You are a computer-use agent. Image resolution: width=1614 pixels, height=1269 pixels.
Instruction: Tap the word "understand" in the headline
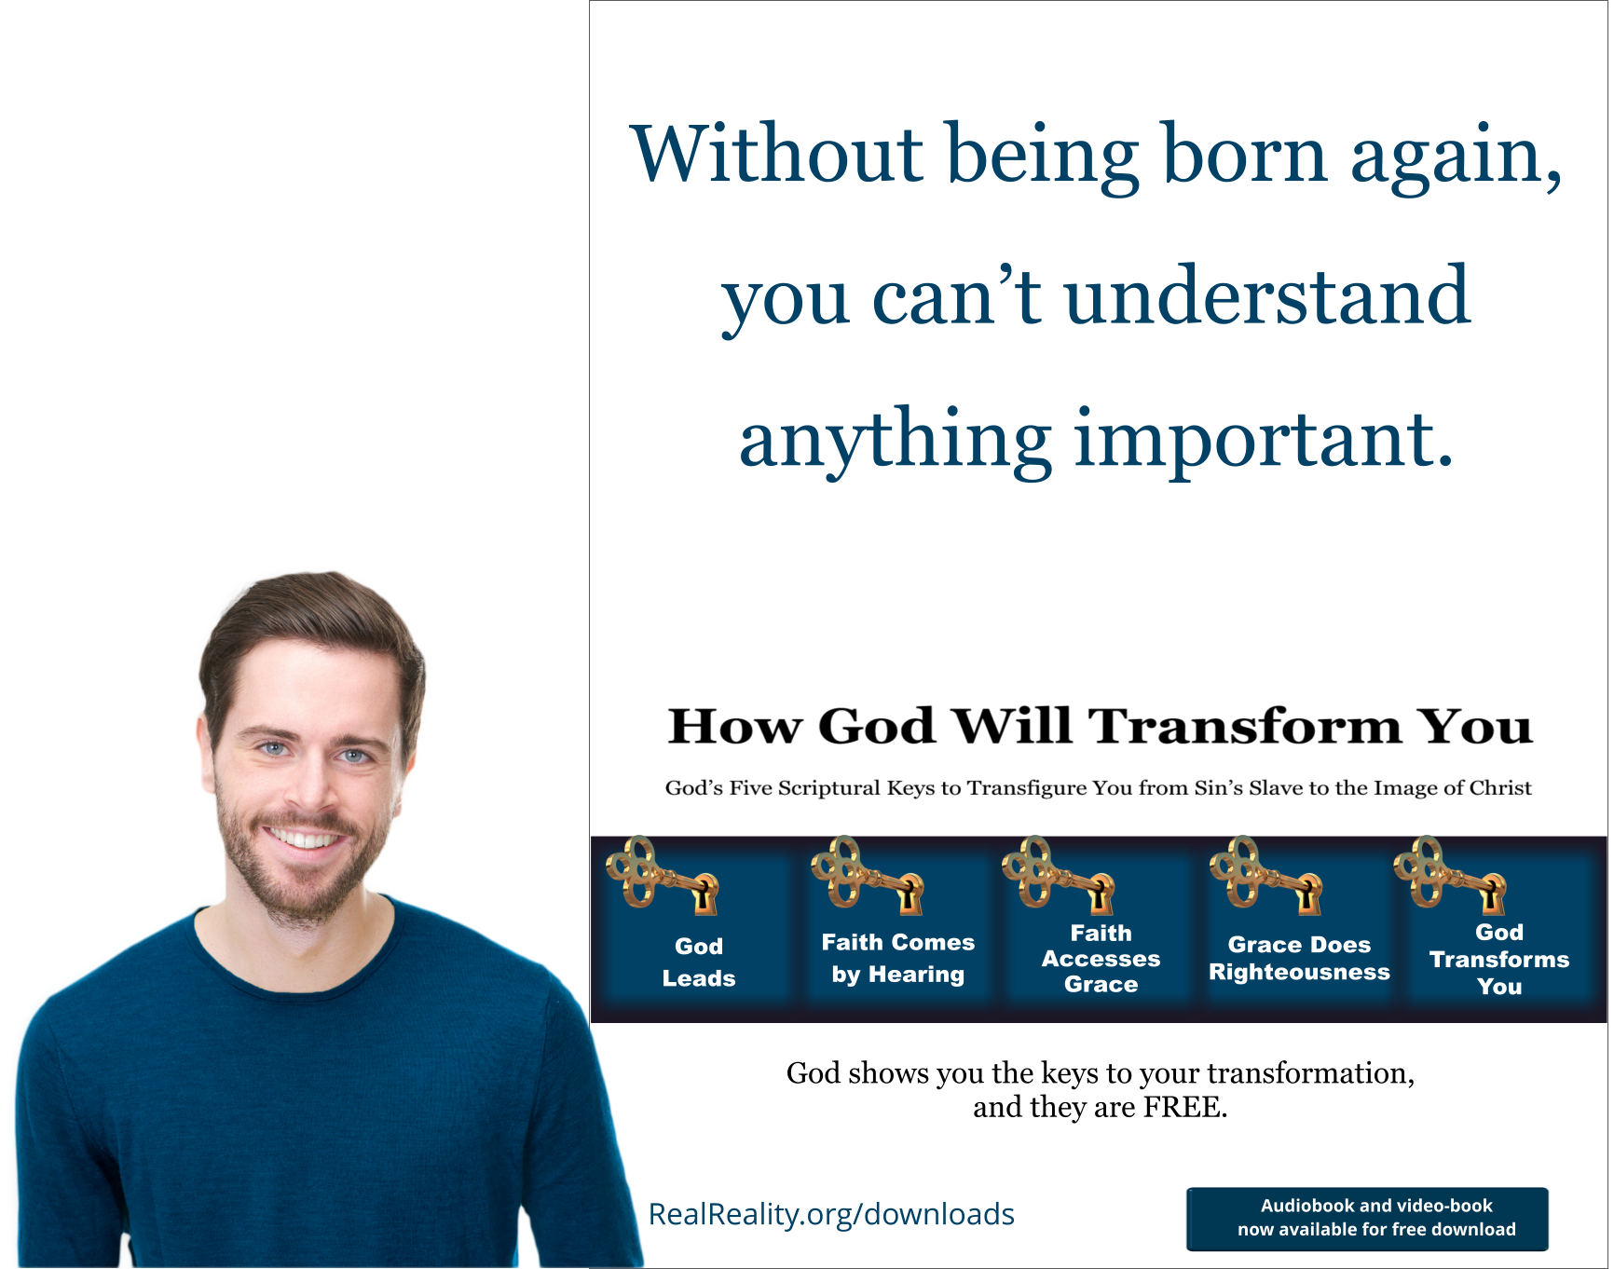click(1266, 296)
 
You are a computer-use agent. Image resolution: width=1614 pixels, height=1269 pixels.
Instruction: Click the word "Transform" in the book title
click(1245, 727)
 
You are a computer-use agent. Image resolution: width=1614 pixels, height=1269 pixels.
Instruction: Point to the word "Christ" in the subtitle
click(1500, 788)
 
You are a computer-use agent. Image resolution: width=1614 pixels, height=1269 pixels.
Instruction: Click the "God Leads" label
click(699, 962)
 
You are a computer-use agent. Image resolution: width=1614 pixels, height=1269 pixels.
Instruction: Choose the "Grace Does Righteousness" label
click(1299, 959)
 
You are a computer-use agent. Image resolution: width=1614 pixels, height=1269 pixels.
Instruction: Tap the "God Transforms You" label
click(1498, 959)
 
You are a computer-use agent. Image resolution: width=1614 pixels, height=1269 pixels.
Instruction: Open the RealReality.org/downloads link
click(830, 1215)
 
